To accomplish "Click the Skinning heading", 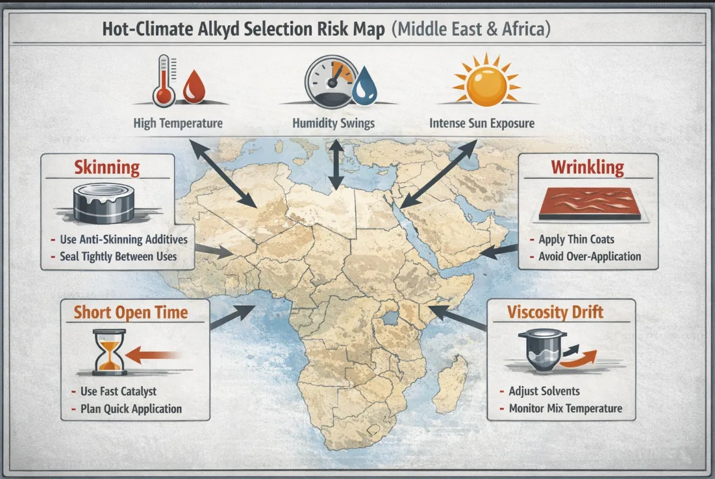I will pyautogui.click(x=107, y=167).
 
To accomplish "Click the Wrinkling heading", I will pyautogui.click(x=587, y=167).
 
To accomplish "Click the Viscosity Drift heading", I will pyautogui.click(x=556, y=312).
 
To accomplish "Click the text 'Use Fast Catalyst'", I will pyautogui.click(x=118, y=391).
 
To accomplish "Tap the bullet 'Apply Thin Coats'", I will pyautogui.click(x=576, y=239).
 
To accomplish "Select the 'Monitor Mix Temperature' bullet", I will pyautogui.click(x=565, y=408).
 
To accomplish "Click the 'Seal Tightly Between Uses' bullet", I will pyautogui.click(x=118, y=256).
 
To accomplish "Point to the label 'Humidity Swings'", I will pyautogui.click(x=333, y=123).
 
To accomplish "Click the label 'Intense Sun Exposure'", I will pyautogui.click(x=482, y=123).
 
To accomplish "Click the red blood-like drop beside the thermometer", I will pyautogui.click(x=192, y=89).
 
